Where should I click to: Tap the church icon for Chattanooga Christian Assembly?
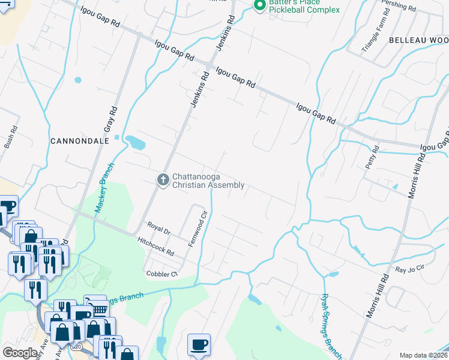(162, 180)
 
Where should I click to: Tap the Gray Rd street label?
(109, 121)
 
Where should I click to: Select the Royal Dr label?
(159, 228)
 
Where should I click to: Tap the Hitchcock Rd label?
(155, 245)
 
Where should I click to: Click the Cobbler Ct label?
(163, 274)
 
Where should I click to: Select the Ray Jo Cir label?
(410, 270)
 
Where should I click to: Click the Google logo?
(20, 352)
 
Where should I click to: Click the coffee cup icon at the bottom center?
(199, 344)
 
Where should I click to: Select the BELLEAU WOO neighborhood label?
(419, 40)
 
